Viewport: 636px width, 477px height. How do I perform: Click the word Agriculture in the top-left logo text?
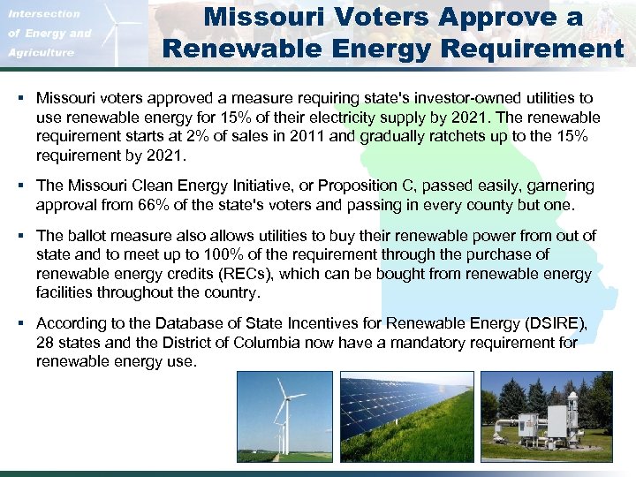click(41, 53)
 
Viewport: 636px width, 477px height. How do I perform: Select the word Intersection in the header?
click(43, 14)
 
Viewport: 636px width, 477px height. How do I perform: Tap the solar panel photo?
click(406, 416)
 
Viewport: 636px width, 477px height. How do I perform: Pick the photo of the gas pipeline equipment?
click(546, 416)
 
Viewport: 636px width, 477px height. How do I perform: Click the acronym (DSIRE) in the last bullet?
click(555, 324)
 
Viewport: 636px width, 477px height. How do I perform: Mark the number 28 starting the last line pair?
click(46, 342)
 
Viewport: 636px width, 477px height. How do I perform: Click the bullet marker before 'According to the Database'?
click(20, 324)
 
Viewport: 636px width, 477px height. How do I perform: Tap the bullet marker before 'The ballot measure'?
click(20, 236)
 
